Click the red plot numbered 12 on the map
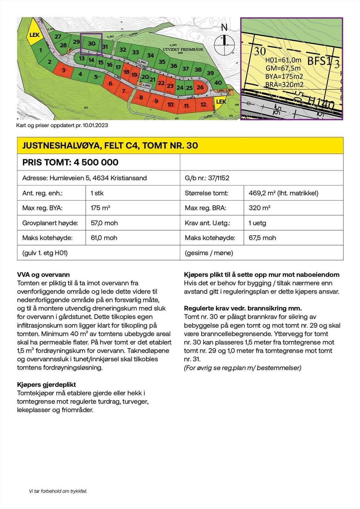203,104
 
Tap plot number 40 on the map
218,83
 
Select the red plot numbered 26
200,87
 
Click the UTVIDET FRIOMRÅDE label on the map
183,50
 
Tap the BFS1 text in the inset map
319,61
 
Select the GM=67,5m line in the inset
283,68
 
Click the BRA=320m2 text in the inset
284,85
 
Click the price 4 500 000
96,162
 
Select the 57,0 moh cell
104,223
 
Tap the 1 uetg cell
257,223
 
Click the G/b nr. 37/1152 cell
207,178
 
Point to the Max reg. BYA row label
42,208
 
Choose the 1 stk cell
97,193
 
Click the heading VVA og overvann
43,275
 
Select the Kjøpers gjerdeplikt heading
46,385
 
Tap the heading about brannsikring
243,308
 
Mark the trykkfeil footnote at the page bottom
58,491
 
